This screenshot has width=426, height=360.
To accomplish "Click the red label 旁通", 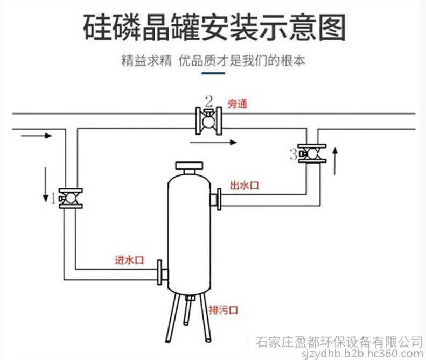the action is point(238,104).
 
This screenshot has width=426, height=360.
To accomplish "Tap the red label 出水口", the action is point(245,186).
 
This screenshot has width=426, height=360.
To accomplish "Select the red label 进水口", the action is point(129,260).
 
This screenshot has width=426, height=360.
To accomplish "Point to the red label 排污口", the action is point(224,310).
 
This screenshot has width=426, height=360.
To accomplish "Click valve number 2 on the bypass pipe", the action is point(208,121).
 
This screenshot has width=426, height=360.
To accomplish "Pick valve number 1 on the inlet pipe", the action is point(71,199).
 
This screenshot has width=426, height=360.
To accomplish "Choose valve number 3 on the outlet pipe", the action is point(312,154).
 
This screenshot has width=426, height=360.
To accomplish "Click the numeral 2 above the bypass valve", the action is point(208,101).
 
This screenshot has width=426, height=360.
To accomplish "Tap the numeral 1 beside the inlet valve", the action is point(53,199).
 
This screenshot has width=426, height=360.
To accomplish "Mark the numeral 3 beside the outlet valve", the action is point(294,154).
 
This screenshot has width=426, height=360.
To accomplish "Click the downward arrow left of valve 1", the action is point(46,185).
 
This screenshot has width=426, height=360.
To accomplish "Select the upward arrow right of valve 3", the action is point(336,161).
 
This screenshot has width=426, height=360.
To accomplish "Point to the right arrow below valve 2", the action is point(213,142).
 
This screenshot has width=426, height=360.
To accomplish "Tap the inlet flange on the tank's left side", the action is point(162,272).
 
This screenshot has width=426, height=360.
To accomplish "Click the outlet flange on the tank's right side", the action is point(216,199).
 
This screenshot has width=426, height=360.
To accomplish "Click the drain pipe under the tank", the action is point(187,310).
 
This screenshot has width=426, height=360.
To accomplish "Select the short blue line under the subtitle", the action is point(213,73).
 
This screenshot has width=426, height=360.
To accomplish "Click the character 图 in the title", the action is point(332,28).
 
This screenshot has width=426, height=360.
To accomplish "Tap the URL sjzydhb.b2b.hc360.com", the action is point(362,354).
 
